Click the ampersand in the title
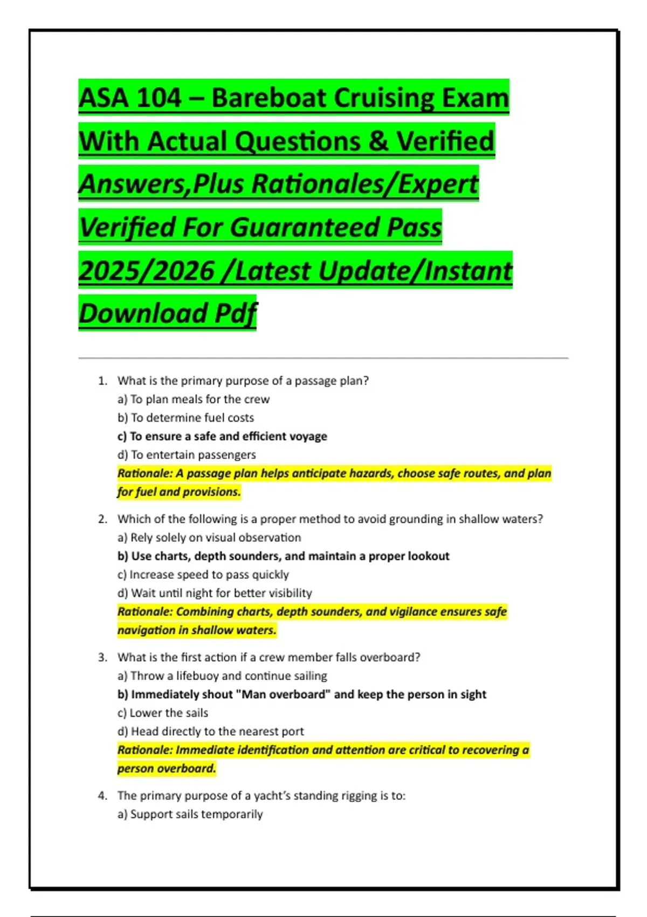click(x=378, y=141)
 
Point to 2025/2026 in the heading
click(x=147, y=270)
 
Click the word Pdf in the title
click(x=236, y=313)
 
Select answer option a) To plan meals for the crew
click(x=194, y=399)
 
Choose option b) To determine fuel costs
click(x=185, y=418)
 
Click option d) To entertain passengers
click(x=187, y=455)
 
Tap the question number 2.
click(x=102, y=519)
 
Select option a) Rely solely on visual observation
click(x=209, y=537)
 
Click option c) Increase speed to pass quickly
click(x=203, y=574)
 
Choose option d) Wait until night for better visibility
click(x=215, y=593)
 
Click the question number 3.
click(x=102, y=657)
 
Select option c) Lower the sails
click(x=163, y=713)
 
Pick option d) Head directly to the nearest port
click(x=211, y=731)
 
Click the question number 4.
click(x=102, y=796)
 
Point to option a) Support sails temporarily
click(x=190, y=814)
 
